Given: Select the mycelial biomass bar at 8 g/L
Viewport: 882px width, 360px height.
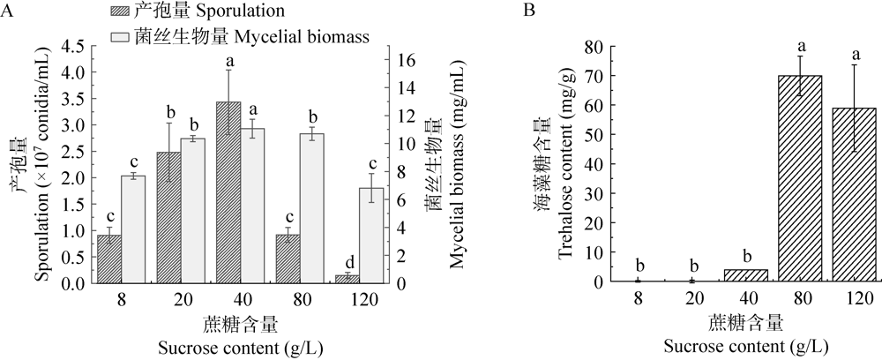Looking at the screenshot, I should [x=133, y=229].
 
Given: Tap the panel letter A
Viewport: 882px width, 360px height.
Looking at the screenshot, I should [x=8, y=11].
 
